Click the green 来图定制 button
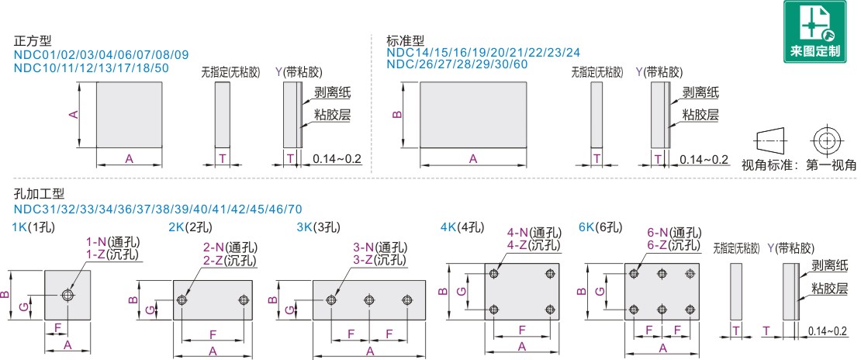pyautogui.click(x=815, y=31)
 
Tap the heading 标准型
pyautogui.click(x=406, y=40)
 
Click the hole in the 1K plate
pyautogui.click(x=68, y=295)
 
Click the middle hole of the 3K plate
pyautogui.click(x=368, y=299)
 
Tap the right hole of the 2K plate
pyautogui.click(x=244, y=299)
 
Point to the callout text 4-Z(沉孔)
pyautogui.click(x=534, y=244)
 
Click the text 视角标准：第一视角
pyautogui.click(x=800, y=164)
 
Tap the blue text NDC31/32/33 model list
pyautogui.click(x=158, y=209)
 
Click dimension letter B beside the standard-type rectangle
pyautogui.click(x=396, y=114)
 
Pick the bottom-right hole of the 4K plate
pyautogui.click(x=552, y=309)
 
